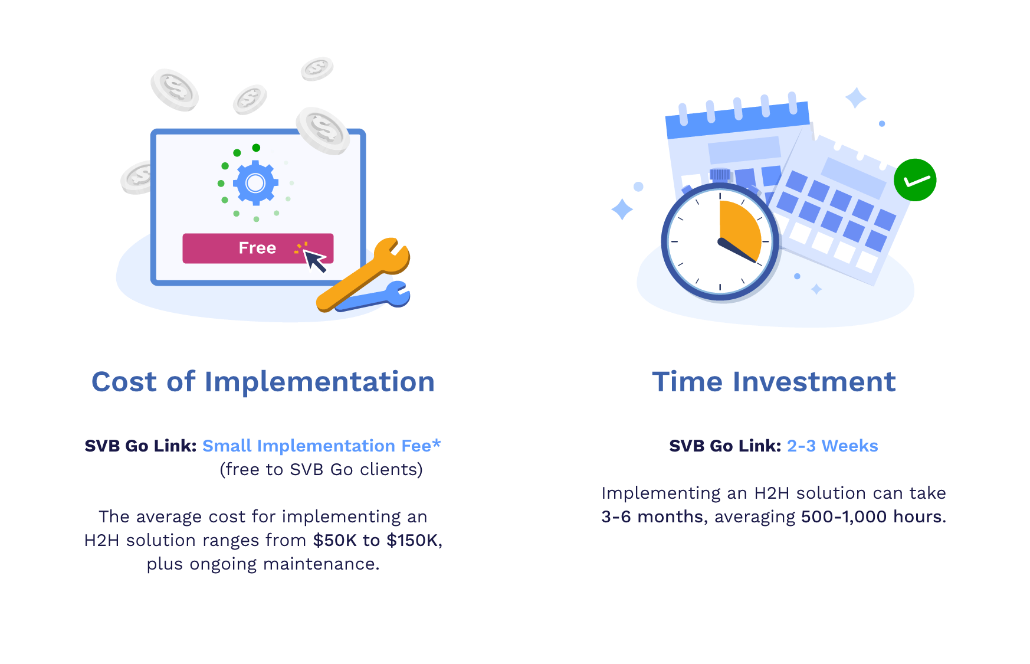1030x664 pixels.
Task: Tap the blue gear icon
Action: point(255,183)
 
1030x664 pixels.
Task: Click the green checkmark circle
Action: point(915,180)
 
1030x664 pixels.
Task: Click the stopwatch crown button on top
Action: point(720,175)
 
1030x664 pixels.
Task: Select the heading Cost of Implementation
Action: point(263,382)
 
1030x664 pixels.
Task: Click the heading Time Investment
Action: point(773,382)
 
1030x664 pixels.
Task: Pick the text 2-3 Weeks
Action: point(832,446)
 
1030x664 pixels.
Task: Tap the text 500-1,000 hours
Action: point(872,516)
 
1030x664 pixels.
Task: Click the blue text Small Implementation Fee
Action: point(317,446)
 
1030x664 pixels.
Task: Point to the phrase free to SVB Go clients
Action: point(321,469)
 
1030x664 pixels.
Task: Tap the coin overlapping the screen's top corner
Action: point(323,130)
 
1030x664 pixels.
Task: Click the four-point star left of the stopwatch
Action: point(622,209)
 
